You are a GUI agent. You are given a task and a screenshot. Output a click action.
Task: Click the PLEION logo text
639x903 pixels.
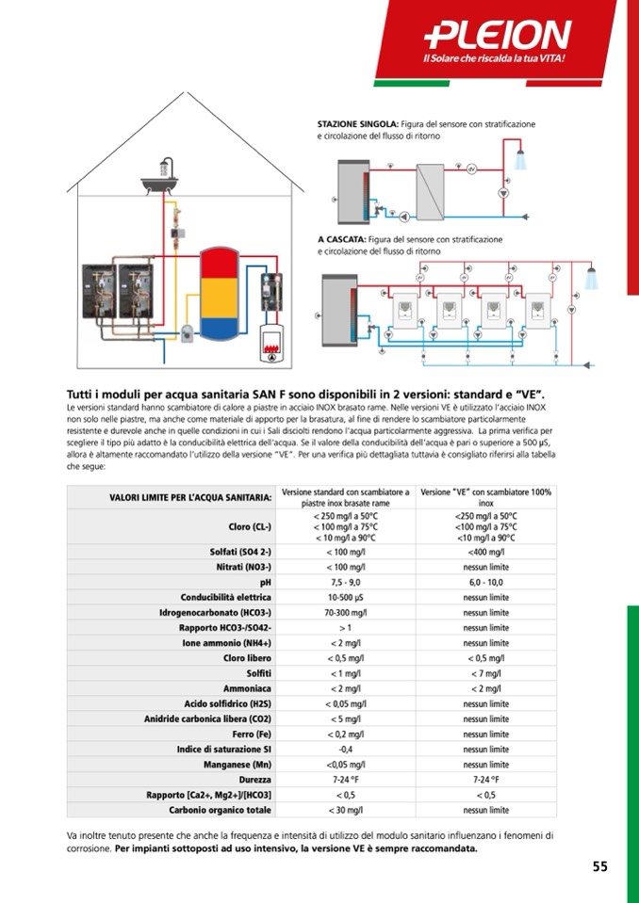498,36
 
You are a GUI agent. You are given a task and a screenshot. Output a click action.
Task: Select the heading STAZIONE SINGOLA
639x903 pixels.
357,123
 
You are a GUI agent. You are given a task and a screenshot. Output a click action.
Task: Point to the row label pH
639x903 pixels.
266,583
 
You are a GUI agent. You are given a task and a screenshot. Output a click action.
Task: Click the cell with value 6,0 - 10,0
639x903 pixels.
485,583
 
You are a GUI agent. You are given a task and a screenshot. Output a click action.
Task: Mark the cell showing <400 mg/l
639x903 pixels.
485,552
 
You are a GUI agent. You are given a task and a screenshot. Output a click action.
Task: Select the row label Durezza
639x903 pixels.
255,780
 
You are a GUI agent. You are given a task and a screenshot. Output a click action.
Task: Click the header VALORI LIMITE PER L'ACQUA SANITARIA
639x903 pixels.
190,496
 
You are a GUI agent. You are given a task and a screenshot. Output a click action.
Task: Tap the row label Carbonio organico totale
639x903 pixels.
221,810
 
